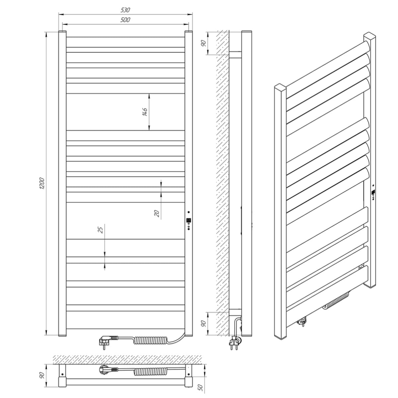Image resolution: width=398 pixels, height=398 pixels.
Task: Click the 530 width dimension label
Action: coord(125,10)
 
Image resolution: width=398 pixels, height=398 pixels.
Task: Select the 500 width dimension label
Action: coord(125,20)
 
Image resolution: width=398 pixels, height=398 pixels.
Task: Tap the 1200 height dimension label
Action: coord(42,183)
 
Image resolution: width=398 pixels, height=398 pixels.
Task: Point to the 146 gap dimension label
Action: coord(145,111)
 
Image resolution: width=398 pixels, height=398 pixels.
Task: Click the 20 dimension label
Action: coord(157,213)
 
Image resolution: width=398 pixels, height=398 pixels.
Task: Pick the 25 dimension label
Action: coord(101,230)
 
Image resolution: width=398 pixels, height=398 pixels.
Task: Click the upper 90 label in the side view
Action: coord(203,43)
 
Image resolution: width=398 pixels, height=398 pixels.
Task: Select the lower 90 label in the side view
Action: coord(203,324)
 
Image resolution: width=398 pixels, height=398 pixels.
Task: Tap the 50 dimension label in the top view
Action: coord(200,388)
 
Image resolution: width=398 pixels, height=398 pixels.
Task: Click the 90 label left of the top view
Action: coord(43,375)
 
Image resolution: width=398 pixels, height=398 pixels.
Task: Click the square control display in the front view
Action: coord(189,220)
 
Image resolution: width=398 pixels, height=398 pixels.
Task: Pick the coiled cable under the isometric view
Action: coord(336,301)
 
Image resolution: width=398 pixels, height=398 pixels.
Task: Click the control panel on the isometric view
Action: coord(374,193)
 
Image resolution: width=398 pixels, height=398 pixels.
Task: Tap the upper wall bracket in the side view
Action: coord(235,55)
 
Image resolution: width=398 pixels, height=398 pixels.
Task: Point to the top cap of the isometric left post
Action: coord(280,87)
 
